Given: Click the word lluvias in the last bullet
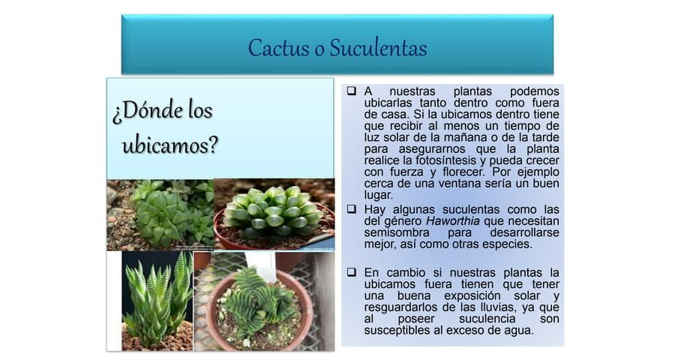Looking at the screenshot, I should tap(488, 307).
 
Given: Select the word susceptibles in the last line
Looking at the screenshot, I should tap(398, 330).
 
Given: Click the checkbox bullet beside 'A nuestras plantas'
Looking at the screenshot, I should tap(351, 91).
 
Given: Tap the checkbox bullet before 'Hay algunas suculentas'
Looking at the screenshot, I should tap(351, 209).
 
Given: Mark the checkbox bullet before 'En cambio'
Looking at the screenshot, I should tap(351, 271).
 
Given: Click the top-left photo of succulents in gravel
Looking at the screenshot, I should tap(160, 214).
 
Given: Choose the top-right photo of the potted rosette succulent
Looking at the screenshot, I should tap(274, 214).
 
